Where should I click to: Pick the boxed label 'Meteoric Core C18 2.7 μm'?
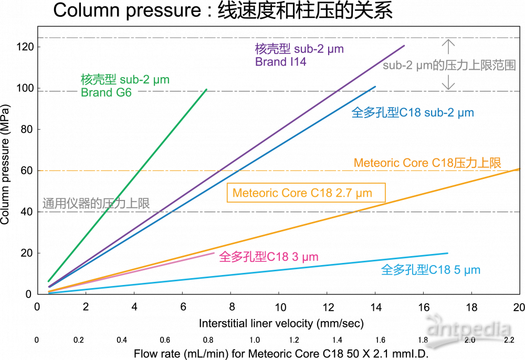coord(306,193)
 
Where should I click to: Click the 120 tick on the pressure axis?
coord(25,47)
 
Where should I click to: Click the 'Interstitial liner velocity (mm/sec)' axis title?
coord(281,322)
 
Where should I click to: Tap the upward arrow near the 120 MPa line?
coord(447,47)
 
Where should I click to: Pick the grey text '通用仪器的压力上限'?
coord(96,204)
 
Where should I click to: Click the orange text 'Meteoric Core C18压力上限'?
coord(427,163)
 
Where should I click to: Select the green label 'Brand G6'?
coord(106,93)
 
